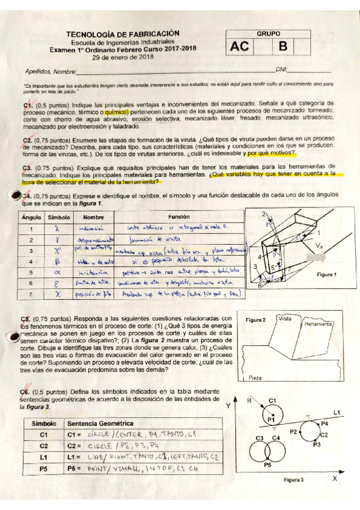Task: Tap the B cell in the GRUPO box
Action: pos(282,47)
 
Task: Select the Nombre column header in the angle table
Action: pos(90,217)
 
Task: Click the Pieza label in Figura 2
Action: pos(255,378)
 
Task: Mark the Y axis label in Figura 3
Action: pos(228,406)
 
